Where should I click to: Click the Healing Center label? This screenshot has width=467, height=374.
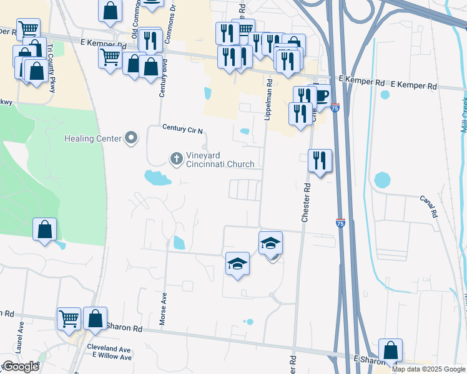point(92,138)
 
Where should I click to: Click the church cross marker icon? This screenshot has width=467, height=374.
point(177,160)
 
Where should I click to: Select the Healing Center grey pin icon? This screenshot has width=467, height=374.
point(131,138)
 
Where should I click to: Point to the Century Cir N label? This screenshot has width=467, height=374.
point(183,129)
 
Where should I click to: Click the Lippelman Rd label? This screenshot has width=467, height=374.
point(268,99)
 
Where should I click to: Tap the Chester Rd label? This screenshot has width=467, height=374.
point(306,203)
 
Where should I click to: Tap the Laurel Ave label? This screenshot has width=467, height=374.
point(20,327)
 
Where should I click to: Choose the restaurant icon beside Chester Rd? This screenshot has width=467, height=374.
point(320,161)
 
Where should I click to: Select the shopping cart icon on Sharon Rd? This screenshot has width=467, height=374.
point(69,318)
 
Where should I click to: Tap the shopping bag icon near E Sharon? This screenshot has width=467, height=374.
point(390,350)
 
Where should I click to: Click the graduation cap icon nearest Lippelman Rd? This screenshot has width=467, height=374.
point(271,242)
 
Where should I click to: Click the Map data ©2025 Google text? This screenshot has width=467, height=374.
point(428,369)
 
